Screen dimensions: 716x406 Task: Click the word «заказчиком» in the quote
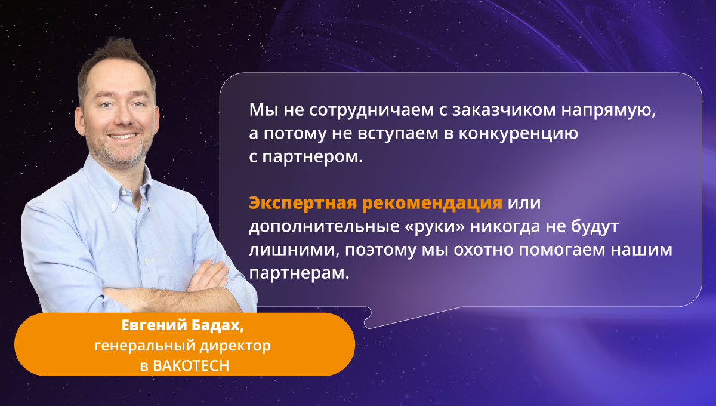coord(504,110)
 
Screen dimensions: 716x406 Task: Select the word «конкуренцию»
coord(518,134)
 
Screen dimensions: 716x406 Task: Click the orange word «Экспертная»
coord(303,204)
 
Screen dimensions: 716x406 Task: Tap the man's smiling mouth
coord(123,136)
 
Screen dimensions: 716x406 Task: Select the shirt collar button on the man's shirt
coord(113,205)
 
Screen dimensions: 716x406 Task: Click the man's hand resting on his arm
coord(208,275)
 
